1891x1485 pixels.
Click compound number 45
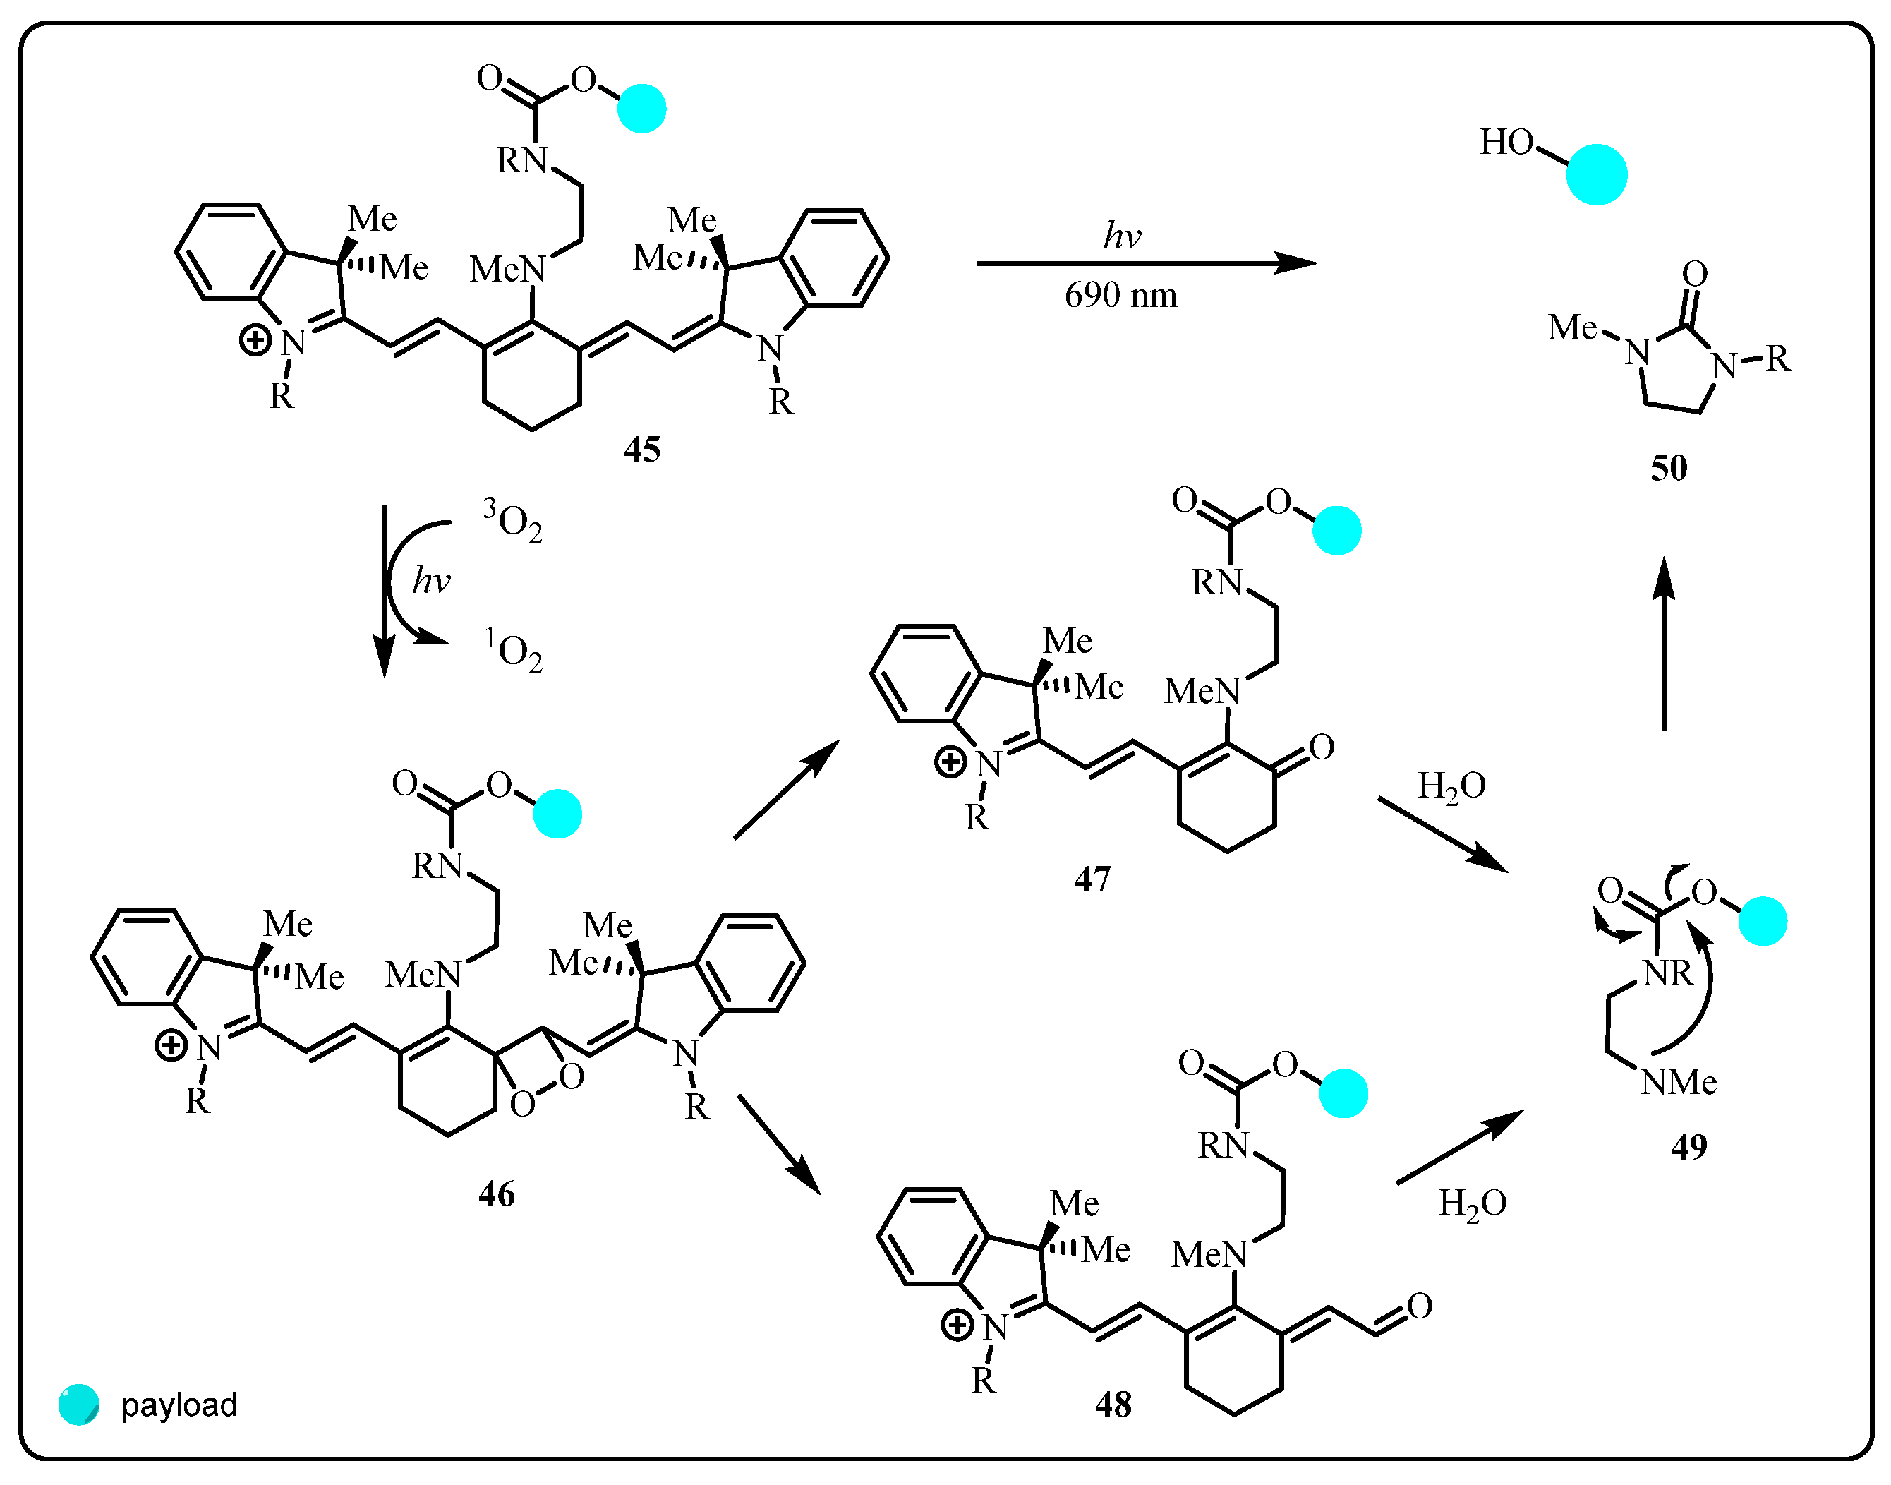click(x=642, y=450)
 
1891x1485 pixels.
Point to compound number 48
click(x=1113, y=1404)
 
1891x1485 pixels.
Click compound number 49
click(x=1688, y=1147)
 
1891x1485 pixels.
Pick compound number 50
click(x=1669, y=468)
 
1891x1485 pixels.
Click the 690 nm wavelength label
click(x=1120, y=296)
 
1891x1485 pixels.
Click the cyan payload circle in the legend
click(x=79, y=1404)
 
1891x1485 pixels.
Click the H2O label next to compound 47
click(x=1451, y=786)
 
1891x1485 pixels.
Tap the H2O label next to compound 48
click(x=1472, y=1203)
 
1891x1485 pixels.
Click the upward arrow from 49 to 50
click(x=1663, y=644)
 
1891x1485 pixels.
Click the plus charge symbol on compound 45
click(x=255, y=340)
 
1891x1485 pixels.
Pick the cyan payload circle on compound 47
click(x=1336, y=530)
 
